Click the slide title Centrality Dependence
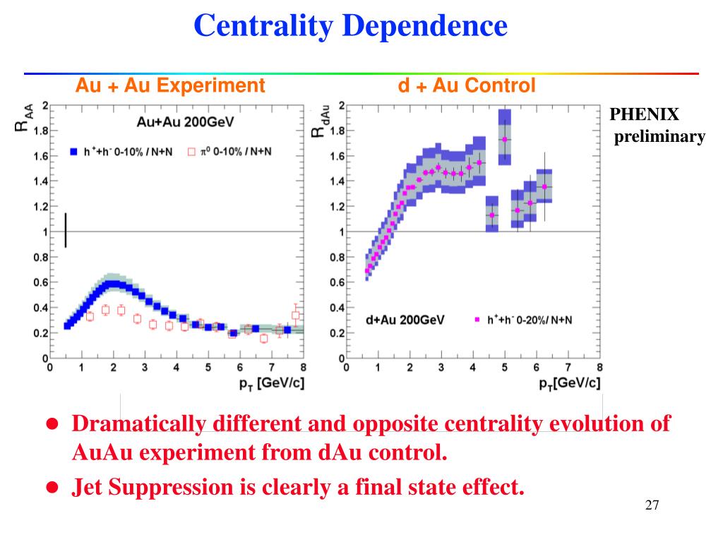click(x=351, y=27)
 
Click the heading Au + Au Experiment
click(x=170, y=86)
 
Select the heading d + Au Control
click(x=467, y=86)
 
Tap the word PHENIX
click(x=644, y=114)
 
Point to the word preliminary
click(x=659, y=137)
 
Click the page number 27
click(x=652, y=505)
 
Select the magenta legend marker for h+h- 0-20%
click(x=477, y=320)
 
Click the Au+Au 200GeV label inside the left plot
click(x=186, y=121)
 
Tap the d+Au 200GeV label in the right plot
click(x=405, y=320)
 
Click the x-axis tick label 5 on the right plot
click(x=504, y=367)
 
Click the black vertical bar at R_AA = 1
click(x=66, y=230)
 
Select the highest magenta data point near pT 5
click(x=504, y=139)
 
